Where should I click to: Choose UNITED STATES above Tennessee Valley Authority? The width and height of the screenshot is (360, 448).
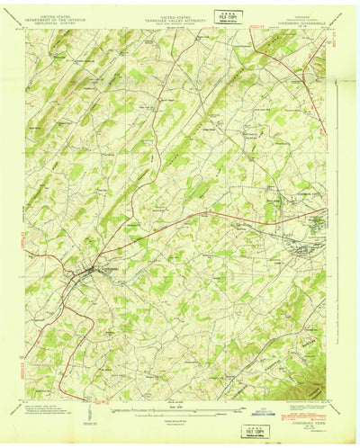click(x=180, y=14)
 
